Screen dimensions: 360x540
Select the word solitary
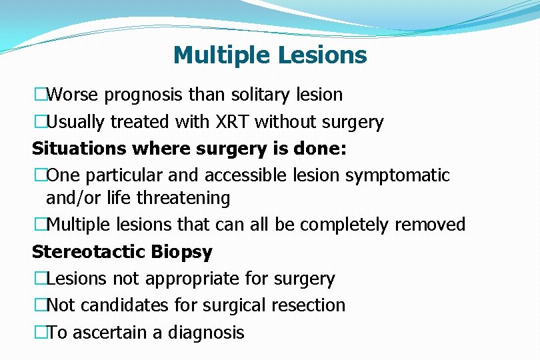[x=263, y=95]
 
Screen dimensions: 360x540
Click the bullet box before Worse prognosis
[x=40, y=95]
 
